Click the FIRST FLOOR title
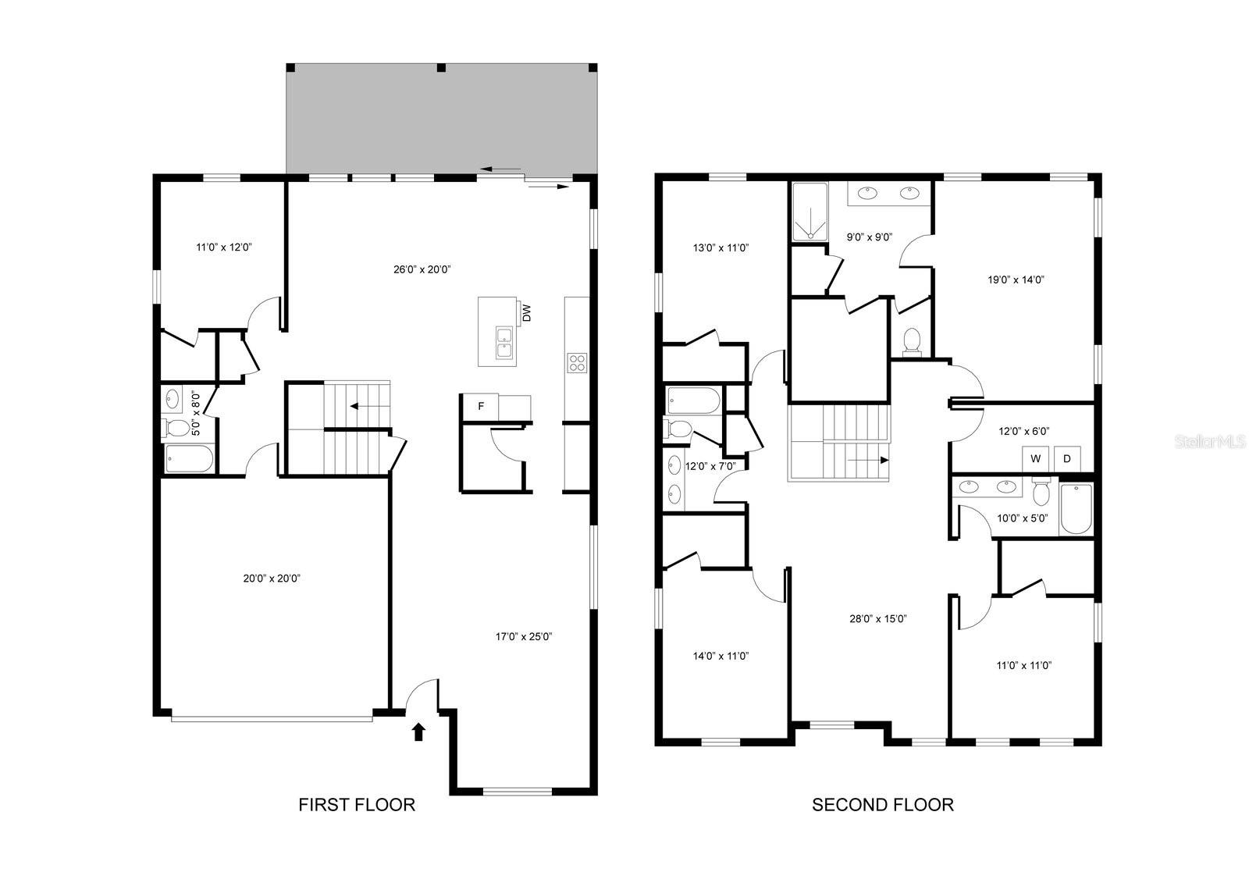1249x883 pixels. click(x=356, y=804)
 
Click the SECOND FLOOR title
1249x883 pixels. click(x=882, y=804)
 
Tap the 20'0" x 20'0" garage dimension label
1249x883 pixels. click(x=272, y=579)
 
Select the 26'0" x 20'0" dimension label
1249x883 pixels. click(x=422, y=269)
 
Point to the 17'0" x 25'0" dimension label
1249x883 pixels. click(x=524, y=636)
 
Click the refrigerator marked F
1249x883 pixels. click(x=480, y=406)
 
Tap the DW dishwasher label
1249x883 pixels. click(x=526, y=313)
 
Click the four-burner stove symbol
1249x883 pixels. click(x=577, y=363)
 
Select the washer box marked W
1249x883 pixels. click(x=1035, y=458)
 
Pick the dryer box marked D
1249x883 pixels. click(x=1067, y=458)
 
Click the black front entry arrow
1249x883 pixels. click(x=418, y=732)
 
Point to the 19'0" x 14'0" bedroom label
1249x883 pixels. click(x=1016, y=280)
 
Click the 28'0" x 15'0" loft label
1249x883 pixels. click(x=878, y=618)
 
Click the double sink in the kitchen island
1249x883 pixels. click(x=504, y=343)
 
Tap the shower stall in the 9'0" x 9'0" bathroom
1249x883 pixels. click(x=810, y=212)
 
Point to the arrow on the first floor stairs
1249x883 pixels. click(x=362, y=406)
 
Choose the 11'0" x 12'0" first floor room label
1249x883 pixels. click(x=224, y=247)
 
